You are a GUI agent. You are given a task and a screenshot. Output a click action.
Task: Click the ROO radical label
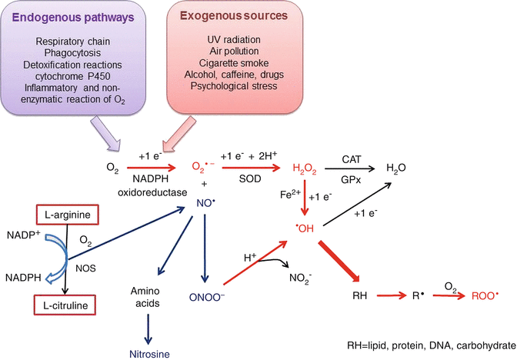click(x=479, y=294)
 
